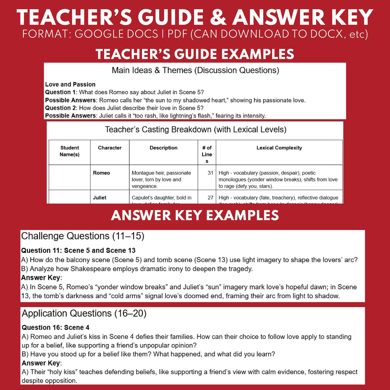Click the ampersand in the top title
pyautogui.click(x=218, y=18)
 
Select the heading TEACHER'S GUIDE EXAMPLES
pyautogui.click(x=195, y=54)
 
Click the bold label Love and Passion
pyautogui.click(x=70, y=84)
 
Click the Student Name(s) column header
pyautogui.click(x=70, y=151)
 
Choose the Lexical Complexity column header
pyautogui.click(x=279, y=148)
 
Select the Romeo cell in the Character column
pyautogui.click(x=101, y=173)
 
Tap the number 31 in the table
pyautogui.click(x=211, y=173)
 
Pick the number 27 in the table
pyautogui.click(x=211, y=198)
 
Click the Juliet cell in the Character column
pyautogui.click(x=100, y=198)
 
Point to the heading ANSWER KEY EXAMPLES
pyautogui.click(x=195, y=215)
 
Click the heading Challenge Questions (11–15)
pyautogui.click(x=83, y=236)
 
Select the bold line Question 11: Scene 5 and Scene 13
pyautogui.click(x=78, y=250)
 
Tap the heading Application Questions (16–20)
pyautogui.click(x=84, y=313)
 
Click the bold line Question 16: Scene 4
pyautogui.click(x=56, y=328)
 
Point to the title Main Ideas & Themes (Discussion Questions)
pyautogui.click(x=195, y=70)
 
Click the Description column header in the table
pyautogui.click(x=164, y=148)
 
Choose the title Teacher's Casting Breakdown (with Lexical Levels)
pyautogui.click(x=196, y=130)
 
